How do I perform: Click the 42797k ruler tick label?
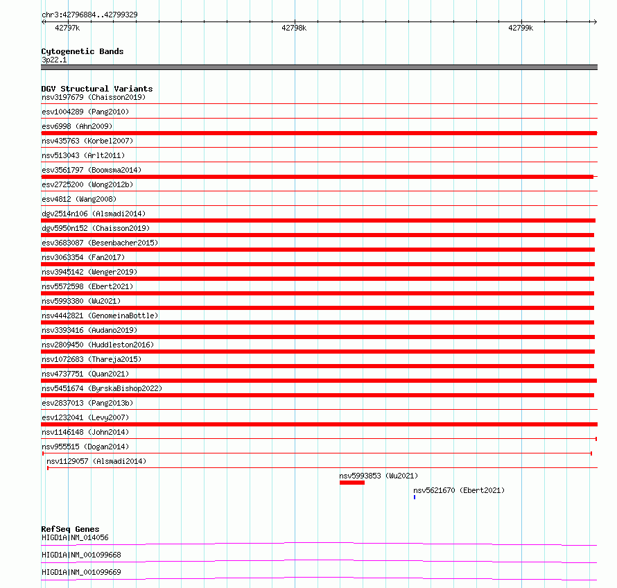click(67, 28)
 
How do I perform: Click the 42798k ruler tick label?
click(294, 28)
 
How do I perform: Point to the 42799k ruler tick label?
click(521, 28)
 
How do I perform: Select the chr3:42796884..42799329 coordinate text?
click(89, 15)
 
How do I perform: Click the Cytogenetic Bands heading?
click(82, 51)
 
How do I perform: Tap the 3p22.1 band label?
click(54, 60)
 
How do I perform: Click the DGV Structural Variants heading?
click(96, 89)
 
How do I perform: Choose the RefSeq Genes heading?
click(70, 529)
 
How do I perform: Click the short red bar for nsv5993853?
click(351, 483)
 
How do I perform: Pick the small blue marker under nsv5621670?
click(415, 497)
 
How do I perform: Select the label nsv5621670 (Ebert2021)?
click(459, 490)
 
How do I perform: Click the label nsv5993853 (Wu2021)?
click(379, 476)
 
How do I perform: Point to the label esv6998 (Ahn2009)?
click(77, 126)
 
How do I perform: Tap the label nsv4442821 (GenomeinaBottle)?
click(100, 315)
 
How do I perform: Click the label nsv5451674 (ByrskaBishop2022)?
click(102, 388)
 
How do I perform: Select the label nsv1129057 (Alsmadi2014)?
click(96, 461)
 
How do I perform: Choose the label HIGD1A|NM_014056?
click(75, 537)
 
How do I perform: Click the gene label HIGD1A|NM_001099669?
click(81, 572)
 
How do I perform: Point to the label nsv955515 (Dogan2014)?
click(85, 447)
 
